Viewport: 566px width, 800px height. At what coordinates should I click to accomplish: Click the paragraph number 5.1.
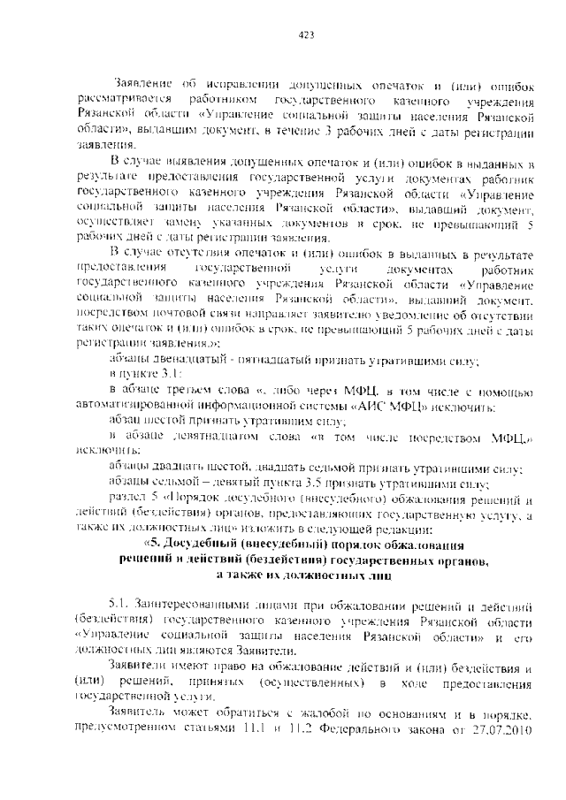[120, 607]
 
